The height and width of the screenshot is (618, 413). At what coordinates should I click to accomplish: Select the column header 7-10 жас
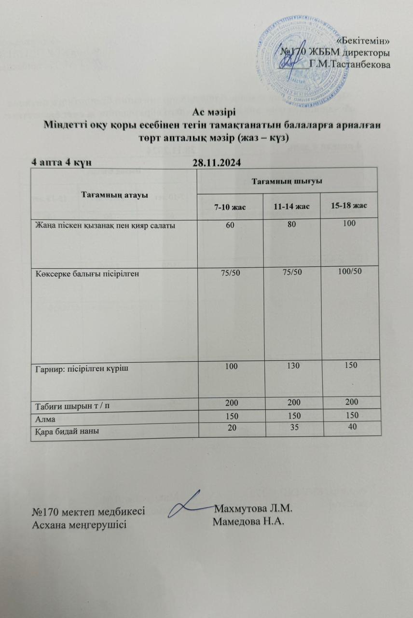click(x=230, y=207)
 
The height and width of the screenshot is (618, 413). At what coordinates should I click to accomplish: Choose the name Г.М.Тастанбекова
click(x=350, y=65)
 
